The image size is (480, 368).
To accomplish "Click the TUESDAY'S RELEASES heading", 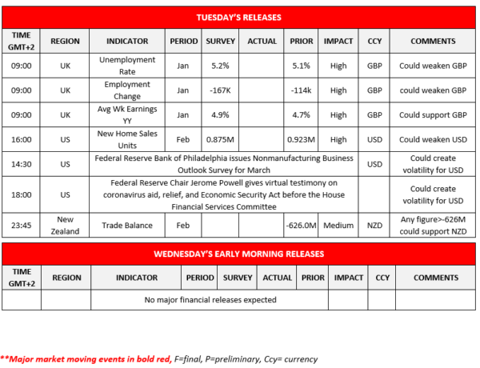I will coord(239,17).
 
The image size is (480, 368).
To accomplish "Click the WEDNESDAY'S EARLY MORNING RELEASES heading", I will coord(239,254).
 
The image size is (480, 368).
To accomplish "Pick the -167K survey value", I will coord(221,90).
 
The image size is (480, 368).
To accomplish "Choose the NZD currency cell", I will coord(373,226).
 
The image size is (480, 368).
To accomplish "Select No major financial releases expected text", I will coord(210,300).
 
